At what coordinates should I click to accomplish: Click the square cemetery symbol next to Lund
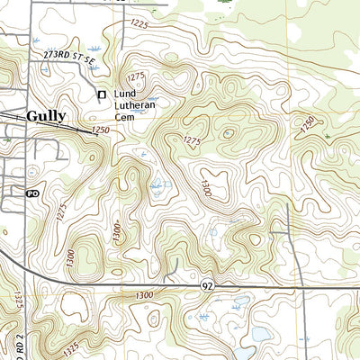click(x=102, y=94)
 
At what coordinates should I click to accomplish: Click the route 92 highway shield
click(x=206, y=285)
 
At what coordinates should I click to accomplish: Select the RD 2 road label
click(x=35, y=334)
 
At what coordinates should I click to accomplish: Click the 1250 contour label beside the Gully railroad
click(x=100, y=131)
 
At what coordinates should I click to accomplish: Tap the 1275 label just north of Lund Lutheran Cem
click(x=137, y=76)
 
